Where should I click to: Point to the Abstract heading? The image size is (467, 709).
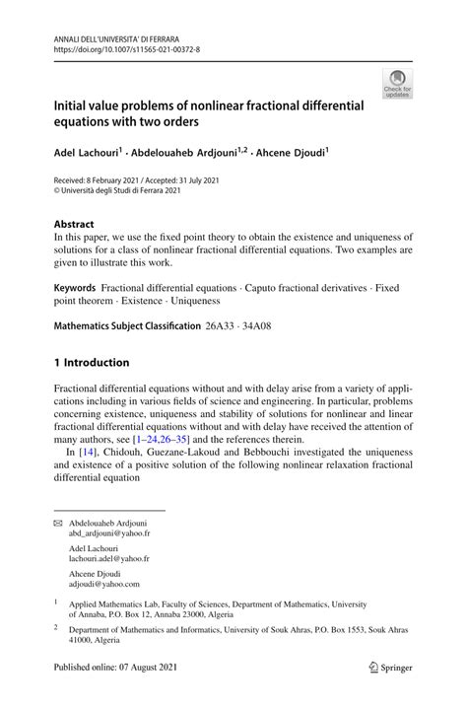click(74, 223)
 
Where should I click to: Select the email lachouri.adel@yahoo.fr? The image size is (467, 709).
click(109, 558)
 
